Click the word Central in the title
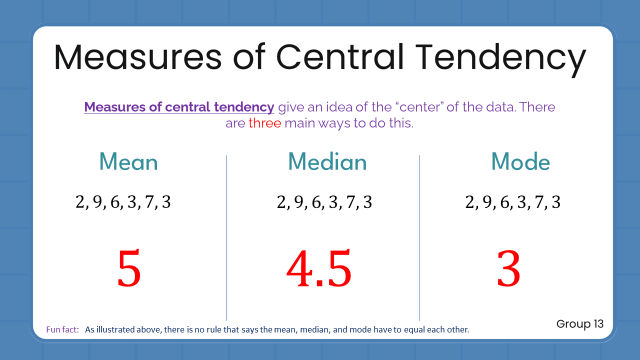(340, 56)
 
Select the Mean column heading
(128, 162)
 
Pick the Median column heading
(327, 162)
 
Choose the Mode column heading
(520, 162)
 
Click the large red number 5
(129, 270)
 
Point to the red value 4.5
(319, 270)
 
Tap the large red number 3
(508, 270)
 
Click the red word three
(265, 123)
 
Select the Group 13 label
(580, 324)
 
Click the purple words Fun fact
(62, 330)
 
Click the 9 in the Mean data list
(97, 202)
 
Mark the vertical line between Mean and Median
(226, 237)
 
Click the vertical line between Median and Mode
(419, 237)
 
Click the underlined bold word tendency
(244, 107)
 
